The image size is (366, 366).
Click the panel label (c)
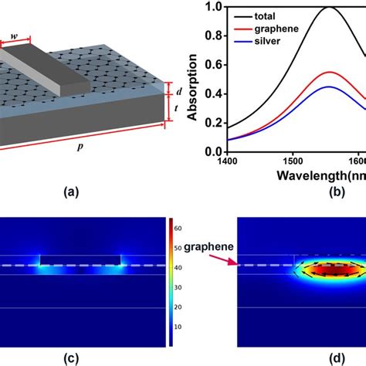click(83, 358)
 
